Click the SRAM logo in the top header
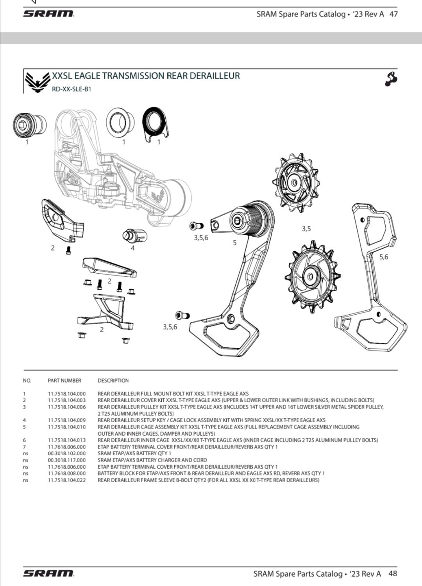click(x=48, y=14)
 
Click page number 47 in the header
click(x=393, y=14)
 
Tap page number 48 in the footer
click(x=393, y=574)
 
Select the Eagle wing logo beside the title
click(x=38, y=82)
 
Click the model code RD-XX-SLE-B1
click(x=72, y=89)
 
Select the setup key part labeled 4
click(x=135, y=235)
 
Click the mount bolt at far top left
click(x=29, y=125)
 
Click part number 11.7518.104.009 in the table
click(x=66, y=420)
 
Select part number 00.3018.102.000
click(x=66, y=453)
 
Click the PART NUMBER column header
click(x=64, y=380)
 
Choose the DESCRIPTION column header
click(x=113, y=380)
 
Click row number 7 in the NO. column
click(x=24, y=447)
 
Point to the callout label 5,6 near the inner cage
click(x=384, y=257)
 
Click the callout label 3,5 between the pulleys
click(x=306, y=229)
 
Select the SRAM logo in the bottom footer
click(x=48, y=574)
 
